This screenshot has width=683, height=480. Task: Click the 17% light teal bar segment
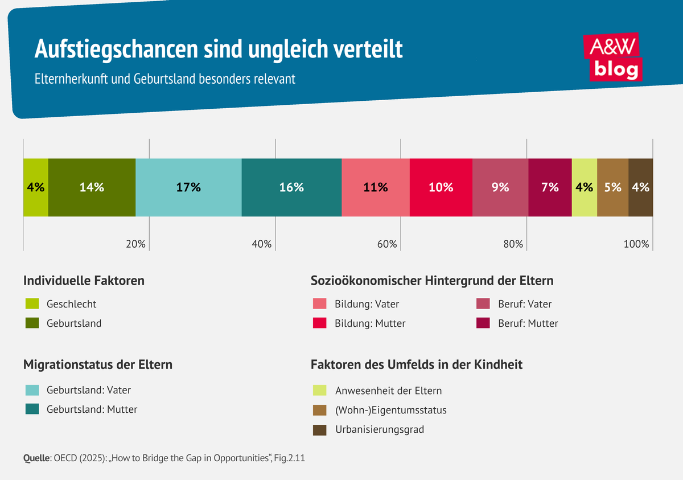point(188,187)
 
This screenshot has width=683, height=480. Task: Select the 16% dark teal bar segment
point(291,187)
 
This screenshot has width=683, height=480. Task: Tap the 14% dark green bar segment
point(92,187)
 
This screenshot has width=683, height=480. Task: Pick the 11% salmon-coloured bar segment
point(375,187)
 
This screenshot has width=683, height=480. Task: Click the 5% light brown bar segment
point(612,187)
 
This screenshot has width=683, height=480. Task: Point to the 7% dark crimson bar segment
point(550,187)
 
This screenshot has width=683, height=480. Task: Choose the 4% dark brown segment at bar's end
point(641,187)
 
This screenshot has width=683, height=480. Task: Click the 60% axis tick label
point(387,244)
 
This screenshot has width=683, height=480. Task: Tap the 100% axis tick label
point(636,244)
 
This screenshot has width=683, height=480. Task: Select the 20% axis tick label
point(135,244)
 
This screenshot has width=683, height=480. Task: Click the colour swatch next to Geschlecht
point(32,304)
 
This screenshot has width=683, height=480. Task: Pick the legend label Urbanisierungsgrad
point(379,430)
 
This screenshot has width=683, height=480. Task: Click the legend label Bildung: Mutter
point(370,323)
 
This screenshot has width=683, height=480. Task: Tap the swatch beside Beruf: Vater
point(483,304)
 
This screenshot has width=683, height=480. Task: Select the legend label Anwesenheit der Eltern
point(388,391)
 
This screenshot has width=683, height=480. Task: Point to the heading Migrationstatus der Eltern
point(97,364)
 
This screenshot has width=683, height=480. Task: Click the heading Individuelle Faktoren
point(84,281)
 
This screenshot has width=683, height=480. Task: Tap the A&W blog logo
point(612,57)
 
